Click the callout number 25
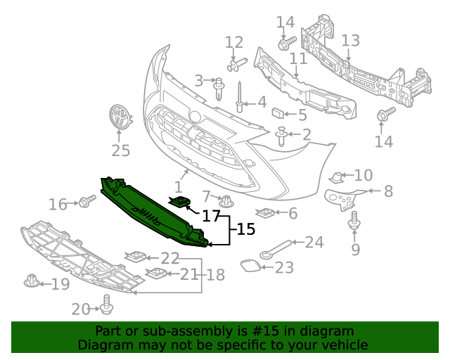click(120, 150)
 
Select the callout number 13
click(350, 40)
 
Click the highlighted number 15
click(245, 229)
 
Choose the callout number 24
click(314, 243)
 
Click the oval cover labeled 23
click(250, 266)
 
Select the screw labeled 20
click(107, 304)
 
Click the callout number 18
click(215, 275)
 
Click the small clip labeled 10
click(338, 176)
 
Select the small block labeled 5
click(279, 112)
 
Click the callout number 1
click(178, 187)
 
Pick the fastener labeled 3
click(219, 86)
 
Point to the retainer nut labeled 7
click(226, 202)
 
